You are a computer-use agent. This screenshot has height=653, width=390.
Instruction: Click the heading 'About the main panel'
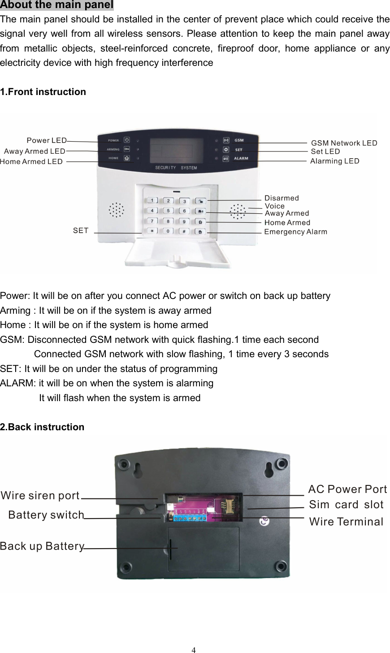(57, 5)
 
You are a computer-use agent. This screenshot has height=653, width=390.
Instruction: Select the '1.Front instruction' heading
(43, 92)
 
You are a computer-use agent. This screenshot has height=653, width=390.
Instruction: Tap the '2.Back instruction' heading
(42, 427)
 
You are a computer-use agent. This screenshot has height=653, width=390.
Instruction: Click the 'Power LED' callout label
(47, 141)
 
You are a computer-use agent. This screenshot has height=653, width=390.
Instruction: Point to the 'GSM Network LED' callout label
(344, 143)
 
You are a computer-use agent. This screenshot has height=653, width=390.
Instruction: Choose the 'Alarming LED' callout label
(334, 161)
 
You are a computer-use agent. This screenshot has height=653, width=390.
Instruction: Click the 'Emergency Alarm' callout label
(295, 232)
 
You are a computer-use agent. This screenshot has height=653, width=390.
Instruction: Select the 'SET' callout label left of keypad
(81, 230)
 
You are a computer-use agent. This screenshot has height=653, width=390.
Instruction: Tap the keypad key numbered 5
(168, 211)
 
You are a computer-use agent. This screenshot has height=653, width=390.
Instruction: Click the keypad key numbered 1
(152, 201)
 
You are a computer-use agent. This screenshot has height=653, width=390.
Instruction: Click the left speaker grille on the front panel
(116, 209)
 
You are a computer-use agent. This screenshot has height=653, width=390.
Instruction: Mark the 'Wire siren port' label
(40, 496)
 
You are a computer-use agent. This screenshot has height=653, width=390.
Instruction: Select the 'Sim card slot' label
(346, 505)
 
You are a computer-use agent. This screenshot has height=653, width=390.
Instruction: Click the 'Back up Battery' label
(42, 546)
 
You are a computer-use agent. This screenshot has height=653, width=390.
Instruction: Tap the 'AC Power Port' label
(347, 489)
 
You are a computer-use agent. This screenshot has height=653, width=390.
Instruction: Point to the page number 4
(194, 650)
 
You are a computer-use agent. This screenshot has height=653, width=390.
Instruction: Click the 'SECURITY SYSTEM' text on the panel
(176, 168)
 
